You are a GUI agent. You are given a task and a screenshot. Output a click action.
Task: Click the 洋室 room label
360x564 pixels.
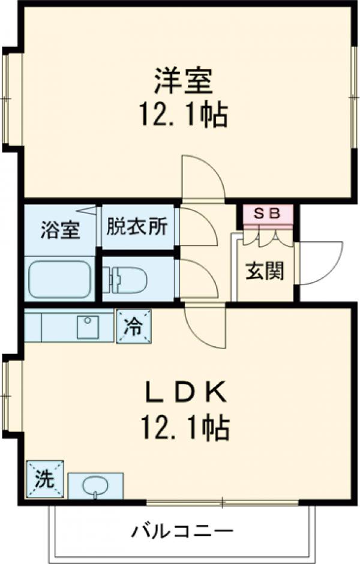click(184, 82)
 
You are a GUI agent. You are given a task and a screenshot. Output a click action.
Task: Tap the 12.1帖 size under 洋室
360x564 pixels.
click(184, 115)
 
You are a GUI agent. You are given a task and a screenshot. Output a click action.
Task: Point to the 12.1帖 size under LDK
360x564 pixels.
click(185, 427)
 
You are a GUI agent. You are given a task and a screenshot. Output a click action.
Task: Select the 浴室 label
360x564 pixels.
click(60, 230)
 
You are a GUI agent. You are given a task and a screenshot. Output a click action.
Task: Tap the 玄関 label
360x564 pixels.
click(265, 271)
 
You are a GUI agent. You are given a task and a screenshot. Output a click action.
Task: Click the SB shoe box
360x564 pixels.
click(268, 214)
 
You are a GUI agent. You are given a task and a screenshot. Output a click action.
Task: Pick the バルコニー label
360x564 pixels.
click(182, 530)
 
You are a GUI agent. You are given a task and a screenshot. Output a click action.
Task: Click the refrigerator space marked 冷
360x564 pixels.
click(133, 327)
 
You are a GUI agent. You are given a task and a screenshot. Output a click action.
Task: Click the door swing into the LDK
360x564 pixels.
click(204, 327)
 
